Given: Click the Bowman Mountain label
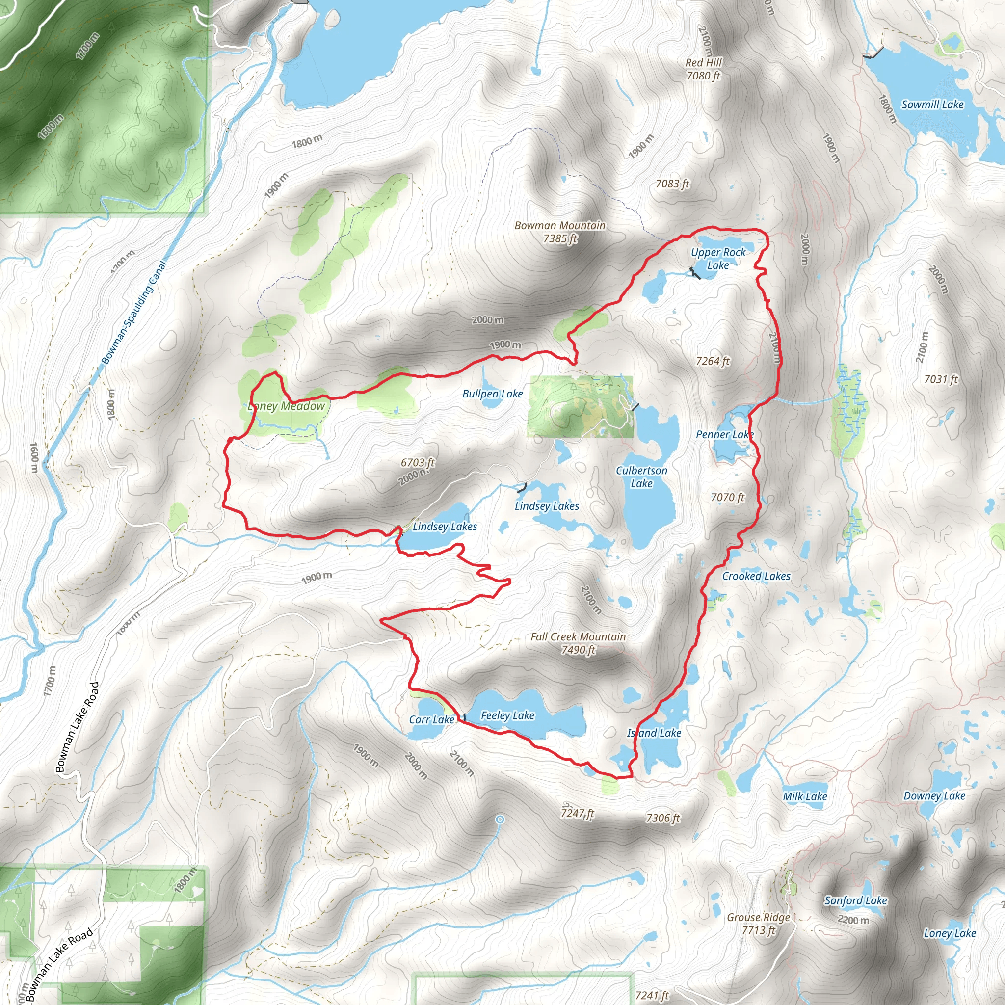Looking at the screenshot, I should click(x=560, y=232).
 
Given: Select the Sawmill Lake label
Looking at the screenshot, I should click(x=932, y=105).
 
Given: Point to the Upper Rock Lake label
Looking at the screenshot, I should click(x=718, y=259).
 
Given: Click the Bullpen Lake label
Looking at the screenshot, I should click(x=492, y=394).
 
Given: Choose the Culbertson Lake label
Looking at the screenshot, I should click(x=641, y=476).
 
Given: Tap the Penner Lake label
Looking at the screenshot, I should click(x=725, y=434).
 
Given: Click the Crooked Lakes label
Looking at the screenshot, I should click(x=756, y=576).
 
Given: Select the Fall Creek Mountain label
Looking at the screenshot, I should click(x=578, y=643).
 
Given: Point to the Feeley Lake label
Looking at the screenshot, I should click(x=507, y=715).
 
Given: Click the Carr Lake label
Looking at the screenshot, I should click(x=431, y=719).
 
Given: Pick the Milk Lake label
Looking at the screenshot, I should click(x=805, y=796).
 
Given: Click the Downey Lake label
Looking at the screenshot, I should click(x=934, y=796).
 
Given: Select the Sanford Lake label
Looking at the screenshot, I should click(x=856, y=900).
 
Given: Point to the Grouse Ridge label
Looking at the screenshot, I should click(x=759, y=924).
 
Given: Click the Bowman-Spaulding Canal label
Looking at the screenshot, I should click(x=134, y=312).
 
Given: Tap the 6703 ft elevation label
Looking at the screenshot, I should click(x=417, y=462).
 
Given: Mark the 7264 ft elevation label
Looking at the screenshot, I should click(x=713, y=361).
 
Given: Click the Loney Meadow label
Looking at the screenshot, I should click(x=287, y=406).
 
